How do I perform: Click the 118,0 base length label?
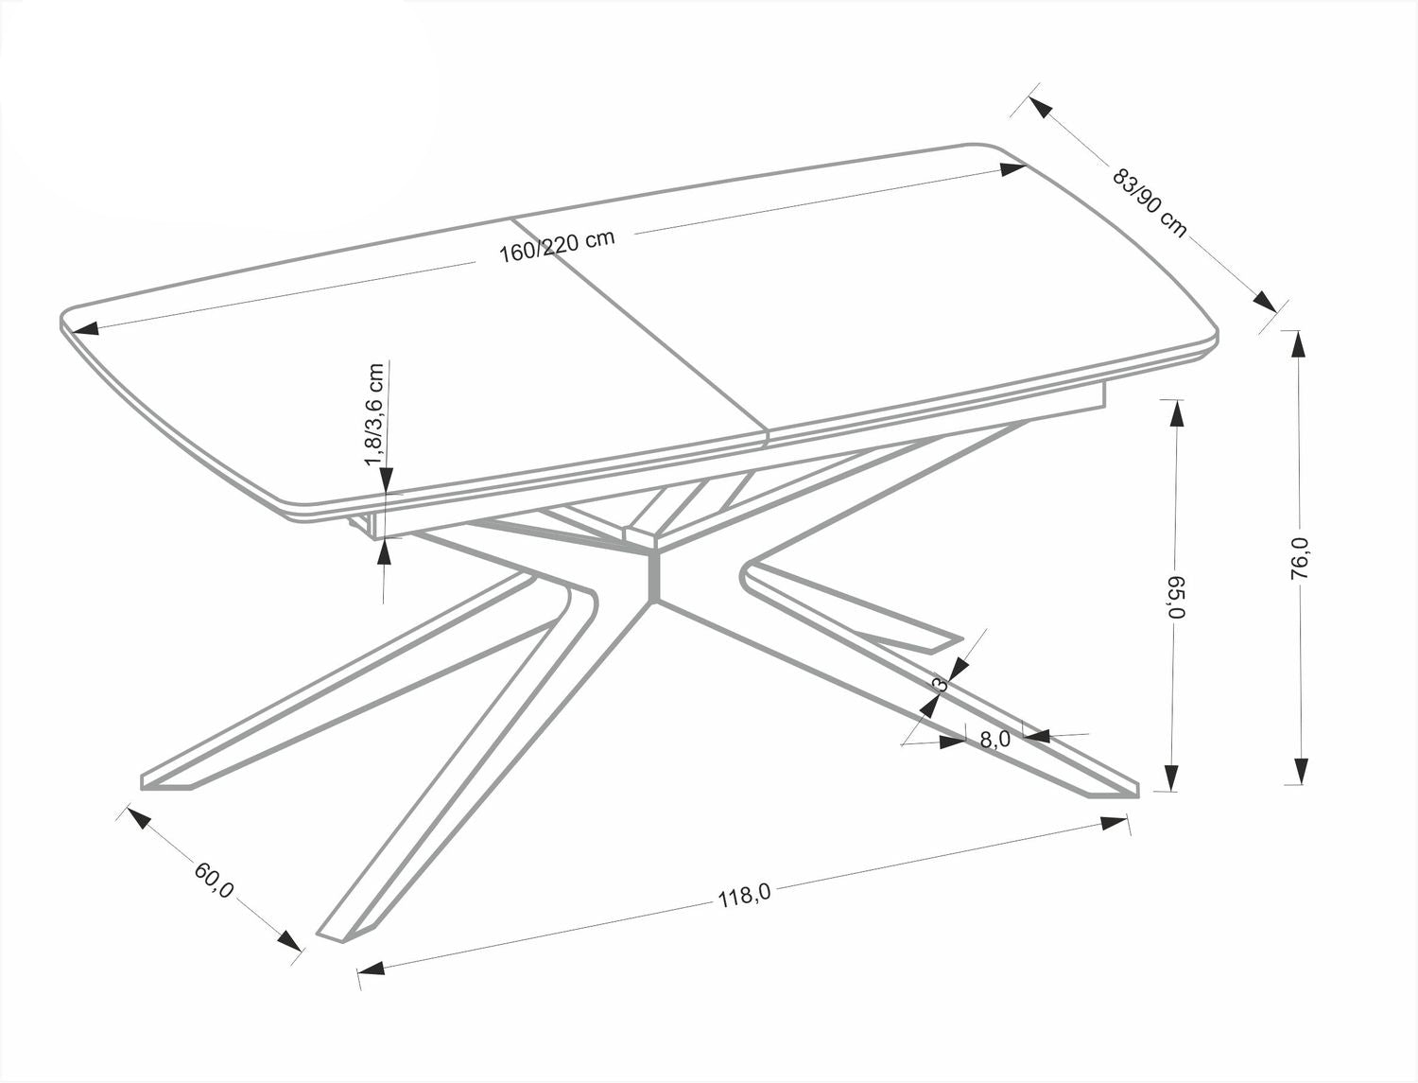tap(745, 895)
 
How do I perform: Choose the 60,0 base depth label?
tap(214, 879)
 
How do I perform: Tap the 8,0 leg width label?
tap(994, 740)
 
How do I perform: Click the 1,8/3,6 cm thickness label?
tap(375, 413)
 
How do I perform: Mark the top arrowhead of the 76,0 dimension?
tap(1299, 343)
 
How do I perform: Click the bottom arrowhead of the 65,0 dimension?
tap(1172, 777)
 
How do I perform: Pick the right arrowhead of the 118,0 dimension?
tap(1115, 824)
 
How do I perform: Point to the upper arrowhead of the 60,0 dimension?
tap(139, 818)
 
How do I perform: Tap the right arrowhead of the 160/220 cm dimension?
tap(1012, 170)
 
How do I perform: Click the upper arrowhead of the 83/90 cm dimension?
tap(1040, 106)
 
